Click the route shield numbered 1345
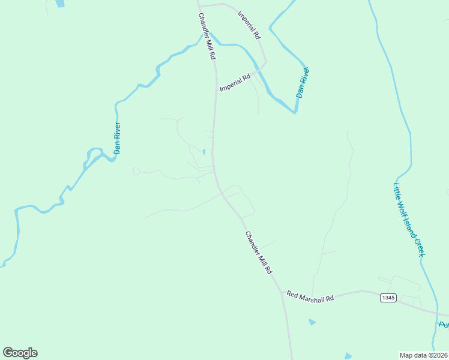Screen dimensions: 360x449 388,298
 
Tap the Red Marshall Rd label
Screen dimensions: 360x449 310,295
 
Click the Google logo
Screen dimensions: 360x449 20,353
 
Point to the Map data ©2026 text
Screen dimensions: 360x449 424,355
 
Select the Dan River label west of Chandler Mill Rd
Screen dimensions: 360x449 118,139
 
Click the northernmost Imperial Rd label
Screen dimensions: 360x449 249,25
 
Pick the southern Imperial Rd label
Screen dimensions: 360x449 235,83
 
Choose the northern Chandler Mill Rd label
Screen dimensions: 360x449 206,36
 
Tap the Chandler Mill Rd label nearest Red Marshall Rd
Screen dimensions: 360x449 258,253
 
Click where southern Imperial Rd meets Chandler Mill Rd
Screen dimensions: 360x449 215,93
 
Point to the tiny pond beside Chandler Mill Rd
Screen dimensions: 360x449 203,151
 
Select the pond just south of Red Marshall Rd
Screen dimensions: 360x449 312,322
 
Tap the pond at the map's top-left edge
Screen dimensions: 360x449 59,3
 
